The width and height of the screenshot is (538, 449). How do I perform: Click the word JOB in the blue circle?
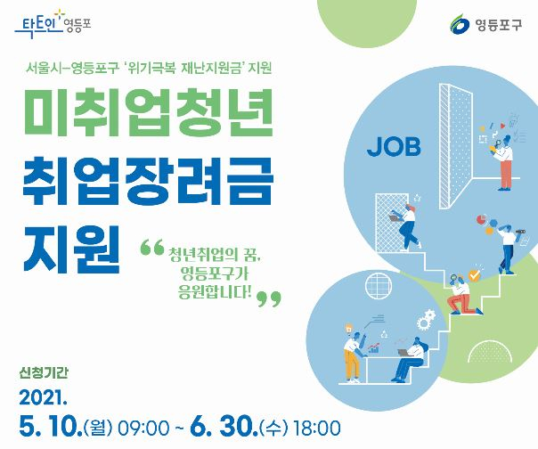pyautogui.click(x=394, y=147)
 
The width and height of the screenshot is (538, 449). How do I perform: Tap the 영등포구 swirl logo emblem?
pyautogui.click(x=460, y=24)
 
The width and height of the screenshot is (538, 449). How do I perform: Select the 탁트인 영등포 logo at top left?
pyautogui.click(x=53, y=24)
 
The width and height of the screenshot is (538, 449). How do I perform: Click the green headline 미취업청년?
pyautogui.click(x=148, y=112)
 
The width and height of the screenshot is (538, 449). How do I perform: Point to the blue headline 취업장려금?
pyautogui.click(x=148, y=181)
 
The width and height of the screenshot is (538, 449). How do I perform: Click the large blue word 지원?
pyautogui.click(x=72, y=249)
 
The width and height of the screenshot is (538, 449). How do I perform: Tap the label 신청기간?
pyautogui.click(x=44, y=372)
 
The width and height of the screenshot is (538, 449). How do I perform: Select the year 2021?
pyautogui.click(x=43, y=398)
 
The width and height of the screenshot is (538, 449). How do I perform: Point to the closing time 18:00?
pyautogui.click(x=317, y=428)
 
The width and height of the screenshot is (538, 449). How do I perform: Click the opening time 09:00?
pyautogui.click(x=143, y=429)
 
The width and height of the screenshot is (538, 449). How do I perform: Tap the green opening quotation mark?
pyautogui.click(x=152, y=248)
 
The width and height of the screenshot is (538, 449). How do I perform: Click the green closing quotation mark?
pyautogui.click(x=269, y=299)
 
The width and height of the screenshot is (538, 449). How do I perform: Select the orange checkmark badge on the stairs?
pyautogui.click(x=474, y=275)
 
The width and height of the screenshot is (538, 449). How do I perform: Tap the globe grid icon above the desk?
pyautogui.click(x=378, y=286)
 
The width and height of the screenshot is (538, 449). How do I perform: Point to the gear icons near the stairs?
pyautogui.click(x=426, y=319)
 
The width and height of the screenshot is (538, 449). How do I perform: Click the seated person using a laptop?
pyautogui.click(x=412, y=359)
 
